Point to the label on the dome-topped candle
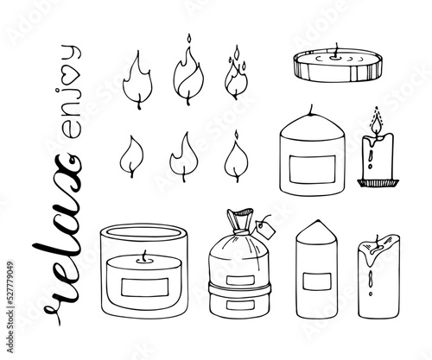pyautogui.click(x=313, y=169)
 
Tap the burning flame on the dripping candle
pyautogui.click(x=377, y=123)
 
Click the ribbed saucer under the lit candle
pyautogui.click(x=378, y=183)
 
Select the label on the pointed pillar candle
pyautogui.click(x=317, y=281)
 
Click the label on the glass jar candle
pyautogui.click(x=144, y=287)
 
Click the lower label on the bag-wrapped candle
pyautogui.click(x=240, y=305)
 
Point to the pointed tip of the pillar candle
pyautogui.click(x=318, y=220)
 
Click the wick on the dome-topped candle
pyautogui.click(x=311, y=110)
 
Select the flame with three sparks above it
pyautogui.click(x=236, y=73)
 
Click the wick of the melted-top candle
pyautogui.click(x=377, y=242)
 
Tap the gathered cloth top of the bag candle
pyautogui.click(x=239, y=218)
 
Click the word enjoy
pyautogui.click(x=71, y=92)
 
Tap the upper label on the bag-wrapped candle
pyautogui.click(x=240, y=280)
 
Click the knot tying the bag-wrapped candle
pyautogui.click(x=239, y=231)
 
